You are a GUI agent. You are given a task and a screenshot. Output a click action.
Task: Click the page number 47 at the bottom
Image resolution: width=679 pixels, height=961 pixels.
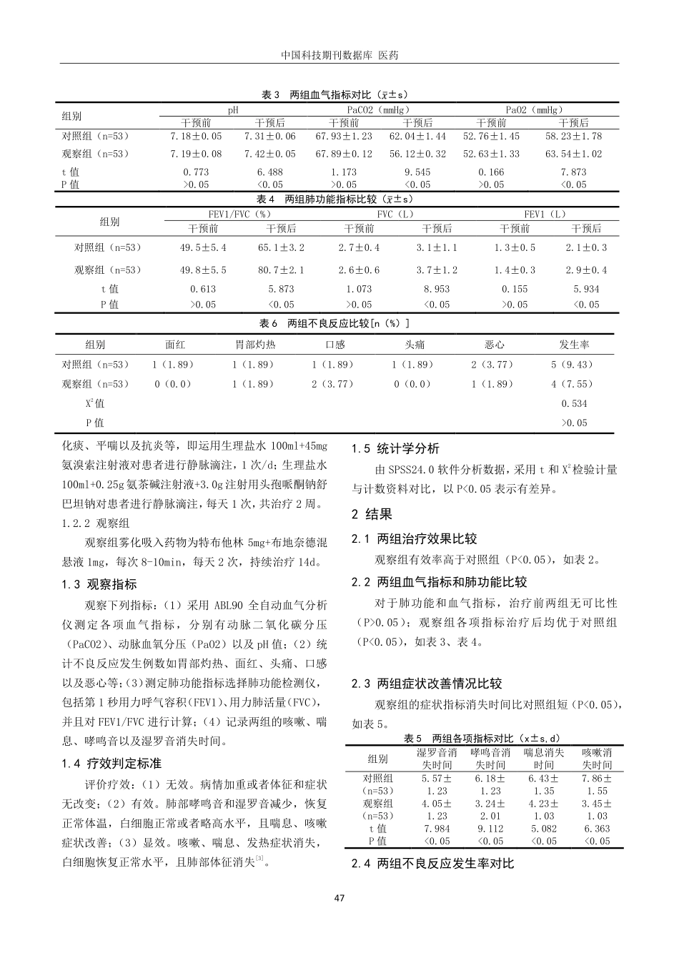point(339,898)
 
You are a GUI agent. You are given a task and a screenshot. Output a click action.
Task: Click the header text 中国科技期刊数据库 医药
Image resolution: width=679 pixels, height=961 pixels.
point(339,55)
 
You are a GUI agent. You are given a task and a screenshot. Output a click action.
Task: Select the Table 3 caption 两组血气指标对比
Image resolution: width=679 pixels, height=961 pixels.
point(335,94)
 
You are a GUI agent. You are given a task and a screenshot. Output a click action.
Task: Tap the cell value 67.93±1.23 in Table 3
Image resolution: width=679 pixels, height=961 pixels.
point(344,136)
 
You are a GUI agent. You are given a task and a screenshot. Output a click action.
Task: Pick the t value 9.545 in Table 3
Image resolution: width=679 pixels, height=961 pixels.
point(417,172)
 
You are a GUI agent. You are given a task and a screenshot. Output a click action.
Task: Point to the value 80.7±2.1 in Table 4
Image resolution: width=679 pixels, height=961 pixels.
point(281,270)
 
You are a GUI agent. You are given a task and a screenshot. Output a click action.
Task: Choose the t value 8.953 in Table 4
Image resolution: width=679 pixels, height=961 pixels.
point(437,289)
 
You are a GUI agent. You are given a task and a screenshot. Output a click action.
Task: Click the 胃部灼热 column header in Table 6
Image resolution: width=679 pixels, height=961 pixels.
point(255,344)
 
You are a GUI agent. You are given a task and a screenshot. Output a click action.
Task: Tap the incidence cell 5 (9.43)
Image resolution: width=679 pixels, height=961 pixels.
point(573,364)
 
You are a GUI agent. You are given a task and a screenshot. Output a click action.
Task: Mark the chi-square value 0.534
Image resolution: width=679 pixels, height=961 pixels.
point(574,403)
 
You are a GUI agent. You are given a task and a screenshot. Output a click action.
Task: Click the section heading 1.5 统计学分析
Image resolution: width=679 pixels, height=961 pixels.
point(395,449)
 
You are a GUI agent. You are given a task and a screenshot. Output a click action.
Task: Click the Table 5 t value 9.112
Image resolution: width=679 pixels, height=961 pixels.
point(490,829)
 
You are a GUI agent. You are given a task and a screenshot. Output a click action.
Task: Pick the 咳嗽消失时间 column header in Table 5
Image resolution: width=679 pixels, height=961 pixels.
point(596,759)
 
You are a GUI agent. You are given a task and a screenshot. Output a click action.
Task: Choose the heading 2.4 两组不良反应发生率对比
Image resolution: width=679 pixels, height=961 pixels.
point(432,864)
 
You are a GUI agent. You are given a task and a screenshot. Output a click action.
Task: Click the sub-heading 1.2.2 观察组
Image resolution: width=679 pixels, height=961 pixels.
point(93,523)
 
